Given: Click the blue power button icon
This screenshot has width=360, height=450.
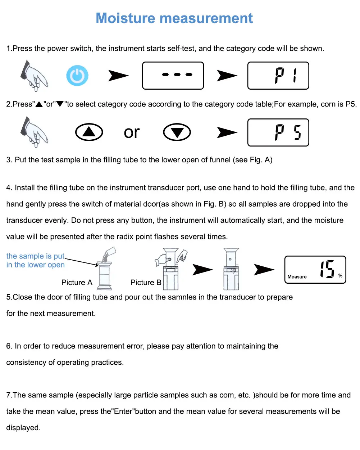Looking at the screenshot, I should tap(77, 76).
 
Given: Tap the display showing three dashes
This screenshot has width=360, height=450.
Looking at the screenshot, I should tap(173, 76).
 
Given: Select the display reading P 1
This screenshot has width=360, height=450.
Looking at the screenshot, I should tap(278, 76).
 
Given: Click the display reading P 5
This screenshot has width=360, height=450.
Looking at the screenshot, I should tap(278, 132).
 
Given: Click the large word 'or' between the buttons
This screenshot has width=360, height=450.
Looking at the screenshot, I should tap(132, 132).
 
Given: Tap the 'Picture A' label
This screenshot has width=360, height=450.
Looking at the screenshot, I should tap(77, 283).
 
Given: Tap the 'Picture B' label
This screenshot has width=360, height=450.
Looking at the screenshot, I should tap(146, 283).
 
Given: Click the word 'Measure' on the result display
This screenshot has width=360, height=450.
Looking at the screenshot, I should tap(297, 277).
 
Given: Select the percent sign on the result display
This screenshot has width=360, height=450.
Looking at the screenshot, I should tap(340, 276).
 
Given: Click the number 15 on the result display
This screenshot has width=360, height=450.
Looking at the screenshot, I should tap(327, 269).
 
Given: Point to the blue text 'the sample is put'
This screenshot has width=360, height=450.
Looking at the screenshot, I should tap(35, 256).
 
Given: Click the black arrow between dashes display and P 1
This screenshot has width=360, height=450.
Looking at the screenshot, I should tap(227, 76).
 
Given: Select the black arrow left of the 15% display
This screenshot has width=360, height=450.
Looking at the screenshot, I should tap(264, 269).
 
